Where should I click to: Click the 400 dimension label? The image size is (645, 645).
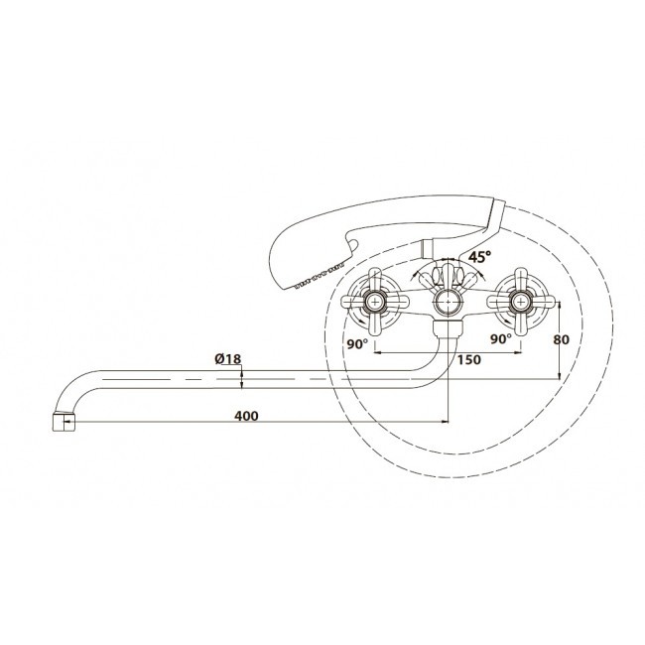pos(246,416)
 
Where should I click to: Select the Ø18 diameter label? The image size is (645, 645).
pos(228,359)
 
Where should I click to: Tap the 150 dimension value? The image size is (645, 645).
pos(469,360)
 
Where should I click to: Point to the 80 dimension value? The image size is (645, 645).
pos(561,339)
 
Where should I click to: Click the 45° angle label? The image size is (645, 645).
pos(479,257)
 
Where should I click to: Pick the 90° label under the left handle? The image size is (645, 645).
pos(357,344)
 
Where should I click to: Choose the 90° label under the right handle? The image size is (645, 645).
pos(500,339)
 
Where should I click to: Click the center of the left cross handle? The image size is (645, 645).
pos(375,302)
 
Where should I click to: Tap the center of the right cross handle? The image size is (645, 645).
pos(521,302)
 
